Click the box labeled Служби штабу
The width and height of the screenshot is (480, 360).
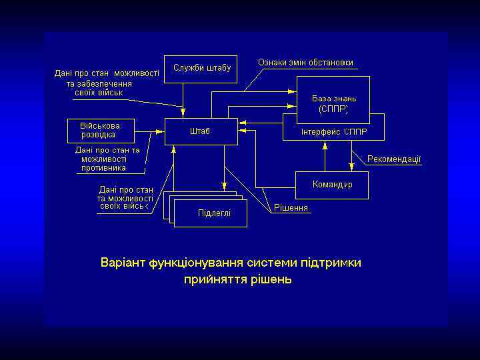(201, 69)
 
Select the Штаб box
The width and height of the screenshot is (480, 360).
(201, 131)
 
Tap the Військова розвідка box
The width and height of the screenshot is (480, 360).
(100, 130)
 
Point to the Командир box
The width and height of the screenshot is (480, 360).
(332, 184)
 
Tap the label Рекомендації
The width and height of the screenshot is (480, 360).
(394, 159)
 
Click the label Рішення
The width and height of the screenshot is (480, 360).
(291, 208)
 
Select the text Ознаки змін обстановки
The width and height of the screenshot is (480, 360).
(305, 63)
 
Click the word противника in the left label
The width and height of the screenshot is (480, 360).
(103, 168)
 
